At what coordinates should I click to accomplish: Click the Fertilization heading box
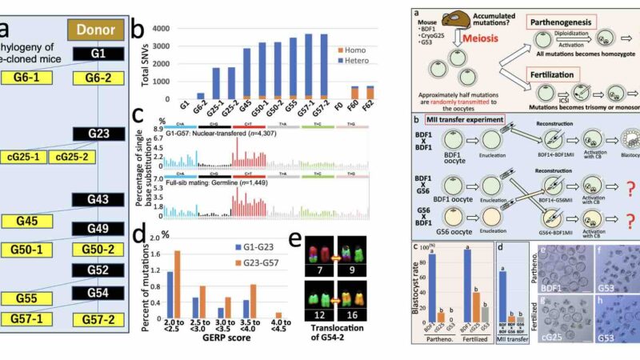pos(551,77)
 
